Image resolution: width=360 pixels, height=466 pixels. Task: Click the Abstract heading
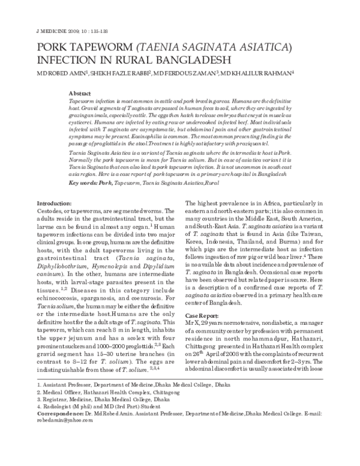click(x=80, y=94)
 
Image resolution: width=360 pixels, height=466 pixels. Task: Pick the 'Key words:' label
click(x=83, y=165)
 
